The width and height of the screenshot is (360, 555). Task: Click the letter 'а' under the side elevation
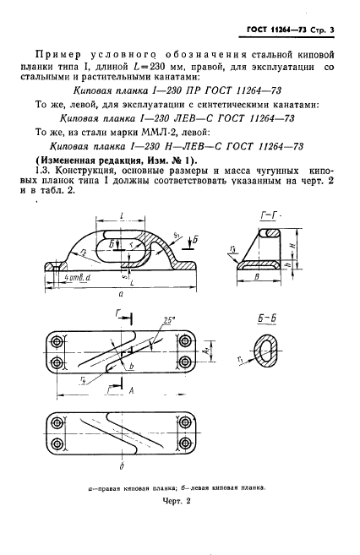click(x=123, y=295)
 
